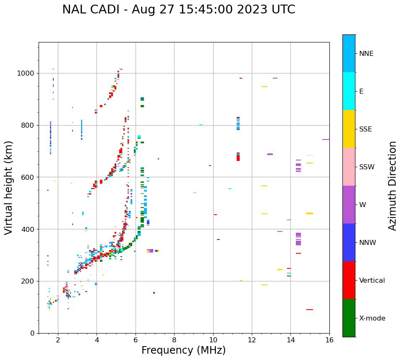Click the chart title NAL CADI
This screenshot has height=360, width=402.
(x=178, y=10)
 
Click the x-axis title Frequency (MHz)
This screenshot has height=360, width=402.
(x=183, y=350)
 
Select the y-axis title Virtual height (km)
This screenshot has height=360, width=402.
(x=9, y=187)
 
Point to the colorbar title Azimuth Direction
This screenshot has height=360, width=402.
(x=392, y=186)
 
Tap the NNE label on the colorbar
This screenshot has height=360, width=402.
(x=366, y=54)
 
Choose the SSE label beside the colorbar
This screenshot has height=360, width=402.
(x=365, y=129)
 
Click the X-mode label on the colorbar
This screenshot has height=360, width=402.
(x=372, y=318)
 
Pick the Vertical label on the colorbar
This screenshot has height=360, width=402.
(x=372, y=281)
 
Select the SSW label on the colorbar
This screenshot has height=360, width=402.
(x=366, y=167)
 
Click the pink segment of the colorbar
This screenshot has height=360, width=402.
(x=349, y=167)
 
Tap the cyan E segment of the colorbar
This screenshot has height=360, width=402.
(x=349, y=91)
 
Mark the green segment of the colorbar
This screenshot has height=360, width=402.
(x=349, y=318)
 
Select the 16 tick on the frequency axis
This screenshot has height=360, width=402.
(x=329, y=339)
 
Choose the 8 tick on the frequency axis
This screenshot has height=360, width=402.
(x=174, y=339)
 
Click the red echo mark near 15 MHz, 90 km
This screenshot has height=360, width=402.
(x=310, y=310)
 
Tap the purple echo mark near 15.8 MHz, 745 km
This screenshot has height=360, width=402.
(x=326, y=139)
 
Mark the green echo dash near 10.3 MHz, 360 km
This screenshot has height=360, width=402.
(x=218, y=239)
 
